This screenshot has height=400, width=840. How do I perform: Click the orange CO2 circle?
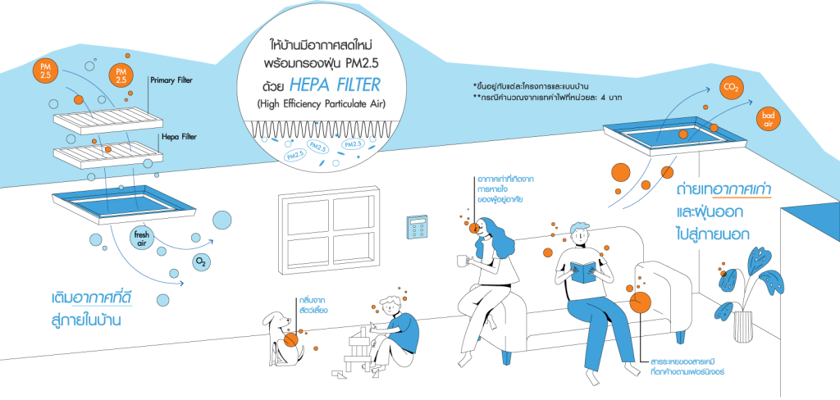click(x=728, y=88)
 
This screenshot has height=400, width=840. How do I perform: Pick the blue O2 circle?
click(x=200, y=262)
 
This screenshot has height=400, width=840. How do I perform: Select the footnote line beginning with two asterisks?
click(x=538, y=97)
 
